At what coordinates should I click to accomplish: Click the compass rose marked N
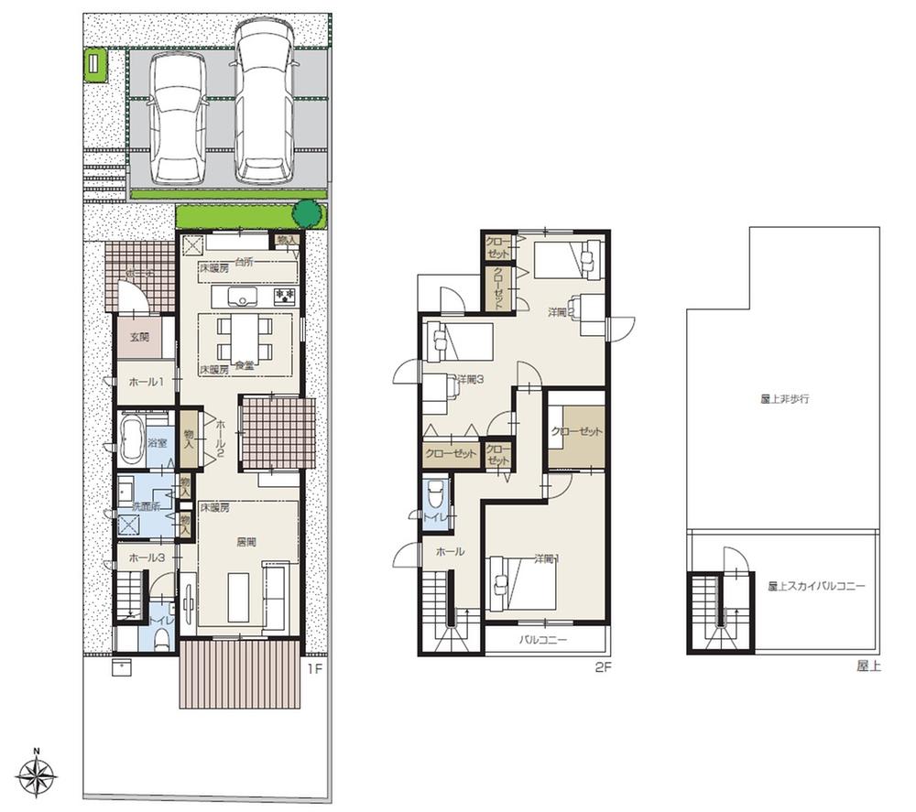(37, 778)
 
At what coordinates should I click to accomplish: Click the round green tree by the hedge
(308, 214)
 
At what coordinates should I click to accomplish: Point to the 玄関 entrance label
(139, 337)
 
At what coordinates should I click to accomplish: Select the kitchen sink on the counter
(242, 297)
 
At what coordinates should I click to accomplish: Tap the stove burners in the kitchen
(284, 296)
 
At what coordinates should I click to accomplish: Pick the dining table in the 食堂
(245, 338)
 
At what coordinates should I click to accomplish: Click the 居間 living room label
(245, 542)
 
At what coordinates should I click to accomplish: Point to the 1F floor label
(313, 668)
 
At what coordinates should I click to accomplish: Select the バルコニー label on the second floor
(543, 640)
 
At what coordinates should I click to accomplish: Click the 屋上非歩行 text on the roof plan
(784, 399)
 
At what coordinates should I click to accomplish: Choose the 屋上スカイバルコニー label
(816, 585)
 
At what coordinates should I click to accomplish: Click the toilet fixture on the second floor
(436, 497)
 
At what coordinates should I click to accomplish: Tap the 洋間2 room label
(561, 312)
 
